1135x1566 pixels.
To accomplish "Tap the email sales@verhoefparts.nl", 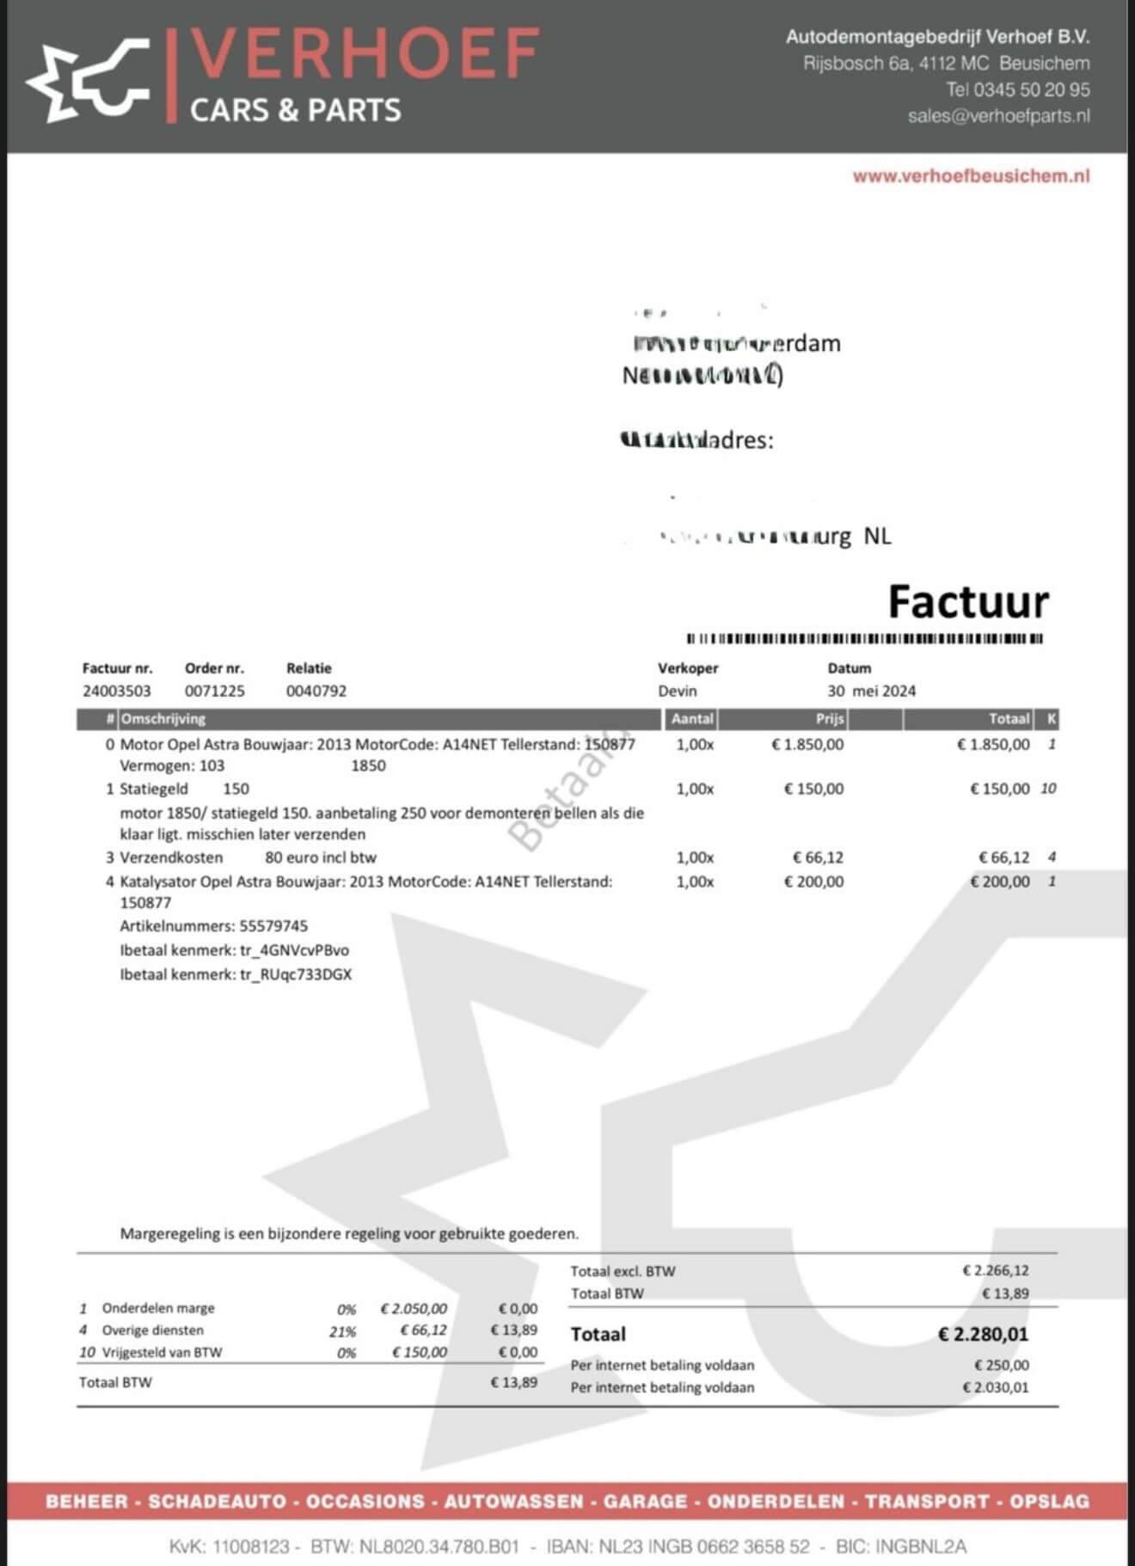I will click(x=998, y=116).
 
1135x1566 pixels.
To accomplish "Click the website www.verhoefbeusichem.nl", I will click(x=971, y=176).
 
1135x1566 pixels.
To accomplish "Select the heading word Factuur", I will click(x=968, y=602).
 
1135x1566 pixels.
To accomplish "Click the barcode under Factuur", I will click(x=864, y=639).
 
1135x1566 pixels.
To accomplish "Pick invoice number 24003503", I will click(x=117, y=691).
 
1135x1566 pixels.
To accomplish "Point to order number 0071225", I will click(x=214, y=691).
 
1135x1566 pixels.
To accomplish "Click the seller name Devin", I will click(x=678, y=691).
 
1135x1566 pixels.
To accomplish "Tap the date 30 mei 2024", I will click(x=871, y=691).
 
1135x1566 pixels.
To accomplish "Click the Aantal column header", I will click(x=692, y=719).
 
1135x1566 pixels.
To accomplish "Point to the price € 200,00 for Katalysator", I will click(x=813, y=881).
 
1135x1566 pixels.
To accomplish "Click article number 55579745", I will click(x=273, y=926).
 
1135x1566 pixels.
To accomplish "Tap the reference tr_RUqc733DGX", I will click(x=296, y=974).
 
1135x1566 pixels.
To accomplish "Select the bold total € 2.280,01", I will click(x=983, y=1335).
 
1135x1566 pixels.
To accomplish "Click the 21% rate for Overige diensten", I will click(x=342, y=1331).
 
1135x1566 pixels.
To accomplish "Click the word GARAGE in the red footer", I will click(x=645, y=1502).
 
